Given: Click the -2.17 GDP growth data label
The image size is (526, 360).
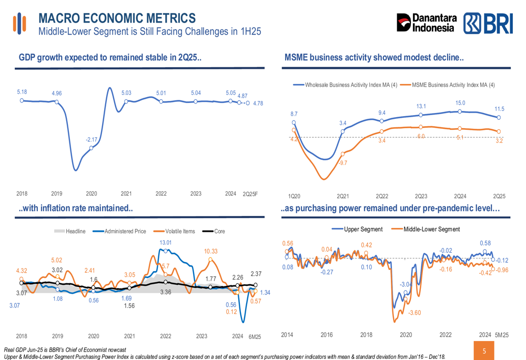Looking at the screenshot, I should click(92, 139).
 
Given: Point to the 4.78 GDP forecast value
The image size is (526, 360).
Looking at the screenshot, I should click(258, 104).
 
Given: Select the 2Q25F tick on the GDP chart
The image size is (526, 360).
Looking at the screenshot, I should click(250, 194).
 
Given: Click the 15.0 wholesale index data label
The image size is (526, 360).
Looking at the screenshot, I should click(460, 103).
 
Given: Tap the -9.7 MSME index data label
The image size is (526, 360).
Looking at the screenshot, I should click(342, 163).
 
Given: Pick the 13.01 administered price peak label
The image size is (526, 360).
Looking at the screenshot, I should click(166, 242).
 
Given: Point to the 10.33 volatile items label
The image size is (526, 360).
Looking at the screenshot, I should click(210, 251).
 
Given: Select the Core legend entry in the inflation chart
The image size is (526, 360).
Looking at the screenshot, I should click(214, 231).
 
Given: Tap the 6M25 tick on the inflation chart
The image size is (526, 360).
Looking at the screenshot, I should click(255, 336).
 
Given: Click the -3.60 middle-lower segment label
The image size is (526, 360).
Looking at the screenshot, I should click(414, 313).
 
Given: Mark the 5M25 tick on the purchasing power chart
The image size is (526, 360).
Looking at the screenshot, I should click(502, 335).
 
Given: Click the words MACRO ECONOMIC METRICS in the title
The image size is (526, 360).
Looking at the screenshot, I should click(117, 18).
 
